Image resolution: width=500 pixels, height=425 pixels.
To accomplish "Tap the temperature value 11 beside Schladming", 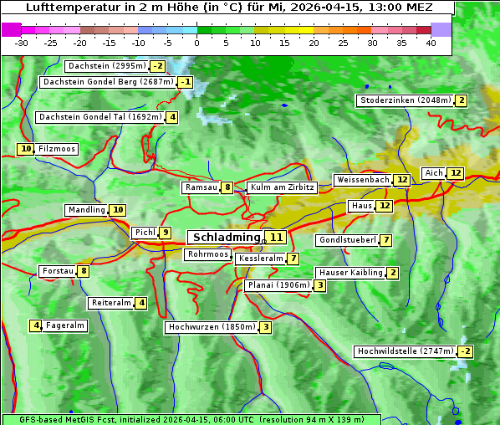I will coord(277,238).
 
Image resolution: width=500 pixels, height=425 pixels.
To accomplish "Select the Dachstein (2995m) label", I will coord(106,66).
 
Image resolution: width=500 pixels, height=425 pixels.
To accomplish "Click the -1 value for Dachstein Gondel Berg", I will coord(186,82).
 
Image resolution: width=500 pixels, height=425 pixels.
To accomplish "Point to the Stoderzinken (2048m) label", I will coord(405,100).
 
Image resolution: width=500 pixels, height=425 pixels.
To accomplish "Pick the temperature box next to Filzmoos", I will coord(26,149).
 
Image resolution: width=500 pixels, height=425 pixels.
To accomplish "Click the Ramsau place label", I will coord(201,188).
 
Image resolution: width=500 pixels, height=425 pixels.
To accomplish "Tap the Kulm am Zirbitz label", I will coord(282,188).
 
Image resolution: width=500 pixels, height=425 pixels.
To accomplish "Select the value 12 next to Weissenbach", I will coord(402,180).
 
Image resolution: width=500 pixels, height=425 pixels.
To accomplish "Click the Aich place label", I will coord(433,173).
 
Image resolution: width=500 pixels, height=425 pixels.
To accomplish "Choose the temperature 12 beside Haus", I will coord(384,206).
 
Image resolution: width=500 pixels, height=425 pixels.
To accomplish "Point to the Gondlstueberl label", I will coord(346,241).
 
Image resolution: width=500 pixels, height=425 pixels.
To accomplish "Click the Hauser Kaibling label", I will coord(350,273).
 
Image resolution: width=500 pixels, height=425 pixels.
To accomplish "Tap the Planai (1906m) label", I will coord(278,285).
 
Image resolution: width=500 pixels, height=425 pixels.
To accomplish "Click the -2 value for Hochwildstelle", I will coord(465,351).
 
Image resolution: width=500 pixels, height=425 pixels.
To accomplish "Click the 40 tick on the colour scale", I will coord(431,42).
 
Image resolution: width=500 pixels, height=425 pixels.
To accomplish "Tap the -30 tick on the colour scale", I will coord(22,42).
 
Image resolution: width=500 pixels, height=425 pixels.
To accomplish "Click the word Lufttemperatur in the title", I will coord(63,8).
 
